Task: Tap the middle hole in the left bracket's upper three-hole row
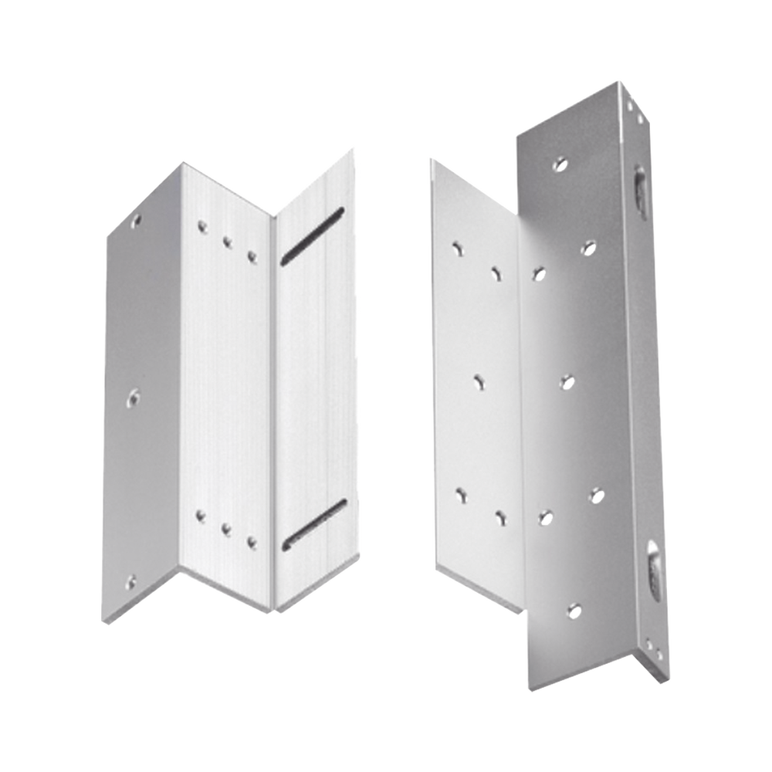point(227,240)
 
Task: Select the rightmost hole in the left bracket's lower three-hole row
point(250,541)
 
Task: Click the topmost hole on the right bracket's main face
point(554,164)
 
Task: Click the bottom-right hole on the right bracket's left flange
point(500,516)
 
